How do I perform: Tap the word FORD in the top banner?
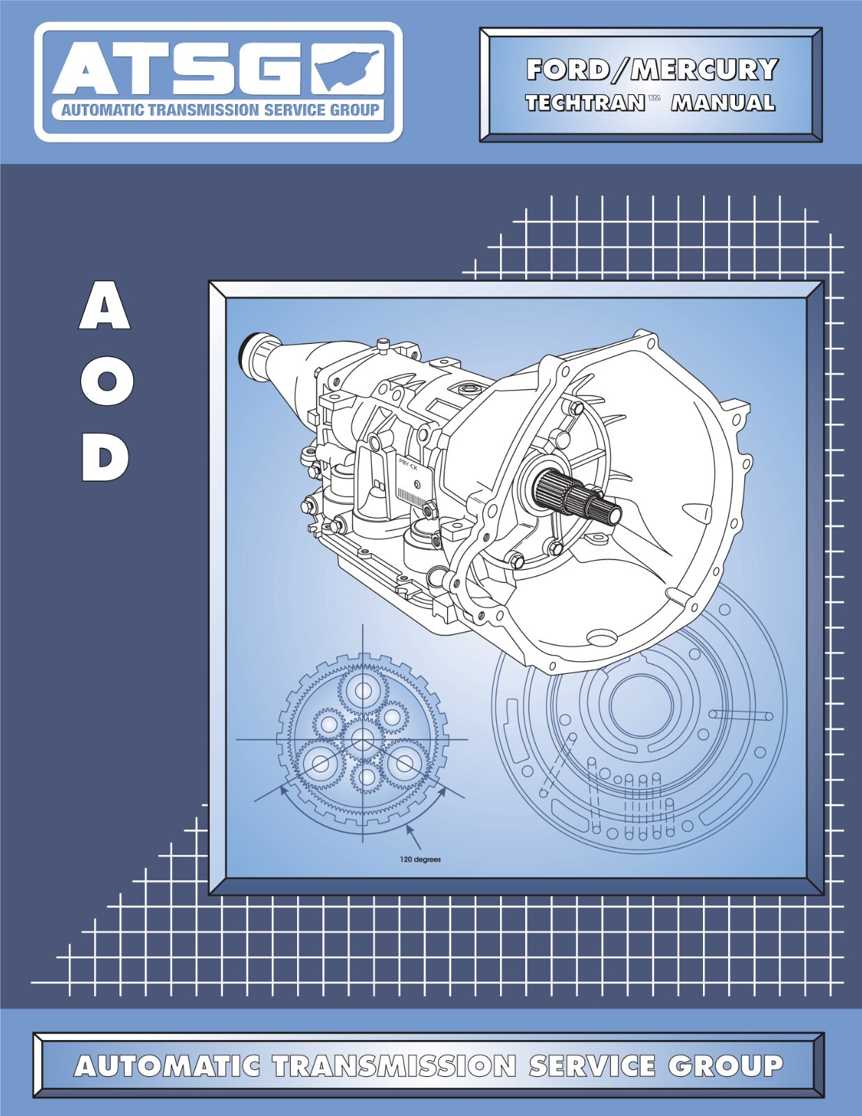pyautogui.click(x=567, y=70)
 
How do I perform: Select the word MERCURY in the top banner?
pyautogui.click(x=704, y=70)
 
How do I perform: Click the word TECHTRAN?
pyautogui.click(x=584, y=103)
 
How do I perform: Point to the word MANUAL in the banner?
pyautogui.click(x=723, y=103)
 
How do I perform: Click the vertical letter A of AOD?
pyautogui.click(x=105, y=308)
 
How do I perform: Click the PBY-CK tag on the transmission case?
pyautogui.click(x=408, y=463)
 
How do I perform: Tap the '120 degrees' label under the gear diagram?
pyautogui.click(x=420, y=859)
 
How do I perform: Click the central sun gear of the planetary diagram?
pyautogui.click(x=363, y=739)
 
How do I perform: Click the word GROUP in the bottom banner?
pyautogui.click(x=725, y=1066)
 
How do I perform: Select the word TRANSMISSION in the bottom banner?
pyautogui.click(x=394, y=1066)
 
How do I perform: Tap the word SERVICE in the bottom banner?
pyautogui.click(x=591, y=1066)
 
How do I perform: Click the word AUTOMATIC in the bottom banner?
pyautogui.click(x=167, y=1066)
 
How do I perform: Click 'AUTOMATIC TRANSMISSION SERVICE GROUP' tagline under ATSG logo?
pyautogui.click(x=220, y=110)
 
